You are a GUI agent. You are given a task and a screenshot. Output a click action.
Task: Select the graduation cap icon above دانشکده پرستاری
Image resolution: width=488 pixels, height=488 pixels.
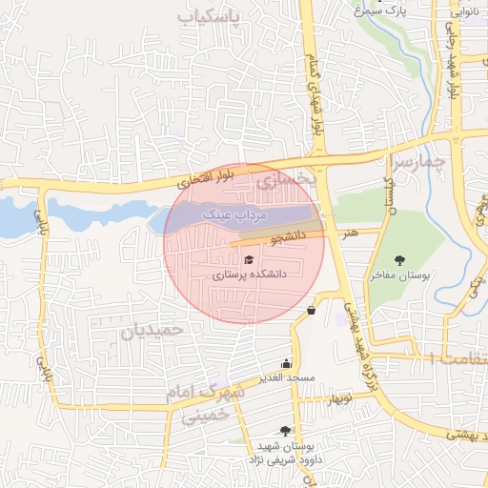[x=249, y=259]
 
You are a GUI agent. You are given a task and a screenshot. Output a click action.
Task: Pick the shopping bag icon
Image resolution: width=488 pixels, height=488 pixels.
[x=311, y=310]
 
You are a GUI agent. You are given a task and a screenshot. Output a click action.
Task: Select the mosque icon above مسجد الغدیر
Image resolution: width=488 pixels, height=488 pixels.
[x=287, y=362]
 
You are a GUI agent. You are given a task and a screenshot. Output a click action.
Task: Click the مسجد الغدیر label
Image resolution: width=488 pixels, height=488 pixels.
[x=287, y=377]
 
